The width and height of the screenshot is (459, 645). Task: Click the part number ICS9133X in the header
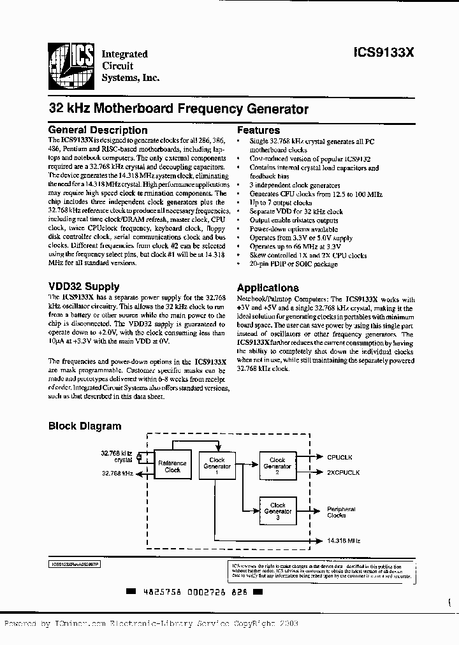click(x=384, y=55)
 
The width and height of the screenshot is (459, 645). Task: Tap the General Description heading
click(x=98, y=130)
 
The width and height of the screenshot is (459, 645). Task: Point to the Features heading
click(x=258, y=130)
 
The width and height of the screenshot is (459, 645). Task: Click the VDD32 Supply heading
click(x=84, y=287)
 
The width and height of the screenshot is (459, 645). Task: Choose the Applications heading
click(x=268, y=287)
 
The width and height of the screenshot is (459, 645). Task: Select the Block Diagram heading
click(x=85, y=426)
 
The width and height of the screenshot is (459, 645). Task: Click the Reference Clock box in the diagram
click(x=172, y=467)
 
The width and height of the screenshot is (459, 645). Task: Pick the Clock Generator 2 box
click(x=277, y=466)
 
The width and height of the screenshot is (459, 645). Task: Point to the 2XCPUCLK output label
click(x=344, y=472)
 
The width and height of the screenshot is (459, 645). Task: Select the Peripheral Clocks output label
click(x=341, y=512)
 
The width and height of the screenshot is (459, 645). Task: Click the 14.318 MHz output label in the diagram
click(x=344, y=540)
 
